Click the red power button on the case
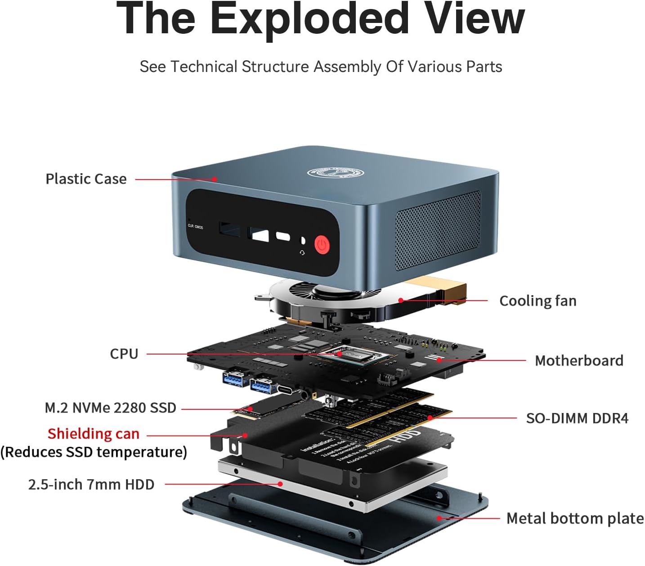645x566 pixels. coord(322,245)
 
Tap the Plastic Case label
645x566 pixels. coord(86,179)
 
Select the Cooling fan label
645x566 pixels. coord(538,301)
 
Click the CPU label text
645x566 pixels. coord(124,354)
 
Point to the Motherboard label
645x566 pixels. coord(579,360)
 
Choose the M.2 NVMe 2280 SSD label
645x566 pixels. coord(110,408)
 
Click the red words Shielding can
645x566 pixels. coord(94,434)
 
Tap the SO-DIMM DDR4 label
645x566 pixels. coord(577,418)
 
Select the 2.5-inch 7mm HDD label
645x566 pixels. coord(91,485)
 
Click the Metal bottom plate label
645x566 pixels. coord(575,518)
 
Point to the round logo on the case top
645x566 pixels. coord(335,172)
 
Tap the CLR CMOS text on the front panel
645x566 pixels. coord(195,227)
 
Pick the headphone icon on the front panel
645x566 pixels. coord(302,253)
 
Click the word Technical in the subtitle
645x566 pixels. coord(203,67)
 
